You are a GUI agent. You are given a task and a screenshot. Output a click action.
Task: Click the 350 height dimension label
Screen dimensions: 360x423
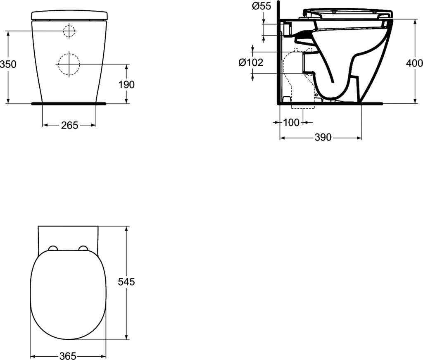pos(8,64)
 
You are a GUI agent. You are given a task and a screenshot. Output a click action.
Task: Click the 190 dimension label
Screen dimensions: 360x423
pos(126,85)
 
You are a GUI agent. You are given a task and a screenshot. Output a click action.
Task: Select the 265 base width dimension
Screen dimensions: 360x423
pos(69,125)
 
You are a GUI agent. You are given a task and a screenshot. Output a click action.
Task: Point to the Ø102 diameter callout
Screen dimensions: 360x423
pos(251,62)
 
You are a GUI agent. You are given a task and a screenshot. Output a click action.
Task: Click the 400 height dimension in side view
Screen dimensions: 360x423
pos(414,63)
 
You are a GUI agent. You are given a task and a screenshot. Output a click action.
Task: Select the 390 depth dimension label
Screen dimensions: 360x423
pos(323,138)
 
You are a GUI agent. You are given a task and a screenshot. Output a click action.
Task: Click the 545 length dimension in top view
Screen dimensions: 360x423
pos(126,282)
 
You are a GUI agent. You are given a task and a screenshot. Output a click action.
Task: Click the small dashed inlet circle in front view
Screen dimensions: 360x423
pos(69,31)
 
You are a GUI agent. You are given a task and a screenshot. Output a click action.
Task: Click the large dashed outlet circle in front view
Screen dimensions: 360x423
pos(69,64)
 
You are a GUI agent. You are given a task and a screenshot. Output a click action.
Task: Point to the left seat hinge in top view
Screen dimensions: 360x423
pos(53,248)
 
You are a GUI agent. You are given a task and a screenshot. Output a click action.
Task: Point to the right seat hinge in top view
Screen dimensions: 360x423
pos(83,248)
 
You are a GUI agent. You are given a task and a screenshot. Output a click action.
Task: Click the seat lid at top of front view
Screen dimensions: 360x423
pos(69,15)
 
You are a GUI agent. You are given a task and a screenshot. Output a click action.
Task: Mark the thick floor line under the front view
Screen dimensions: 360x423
pos(69,103)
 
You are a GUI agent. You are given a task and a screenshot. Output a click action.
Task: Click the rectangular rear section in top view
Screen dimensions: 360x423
pos(69,236)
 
